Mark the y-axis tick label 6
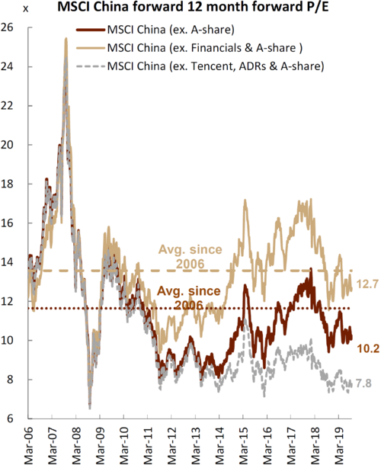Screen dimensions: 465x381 tap(10, 418)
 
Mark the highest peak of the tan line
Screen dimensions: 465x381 tap(67, 80)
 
